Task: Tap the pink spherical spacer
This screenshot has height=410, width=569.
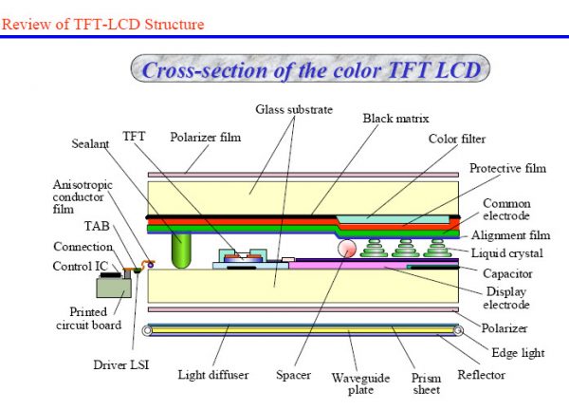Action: tap(347, 249)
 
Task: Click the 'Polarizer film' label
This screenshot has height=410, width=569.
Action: tap(206, 138)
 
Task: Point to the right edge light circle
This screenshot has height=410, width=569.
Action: tap(458, 330)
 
